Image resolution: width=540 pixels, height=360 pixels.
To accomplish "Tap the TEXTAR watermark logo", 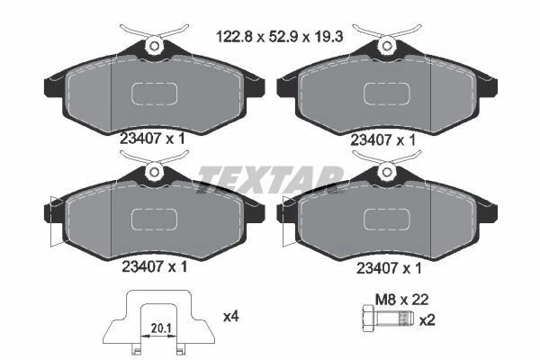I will point(269,173).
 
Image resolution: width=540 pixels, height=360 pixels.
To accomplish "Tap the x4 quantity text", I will point(231,316).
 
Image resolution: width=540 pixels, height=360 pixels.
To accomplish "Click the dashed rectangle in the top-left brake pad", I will point(155,94).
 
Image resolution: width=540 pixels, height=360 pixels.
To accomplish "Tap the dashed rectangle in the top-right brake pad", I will point(387,94).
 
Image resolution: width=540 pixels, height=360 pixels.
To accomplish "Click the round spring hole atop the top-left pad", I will point(155,44).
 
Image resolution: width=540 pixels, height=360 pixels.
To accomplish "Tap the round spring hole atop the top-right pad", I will point(387,44).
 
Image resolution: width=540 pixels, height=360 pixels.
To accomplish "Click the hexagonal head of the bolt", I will point(366,319).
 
